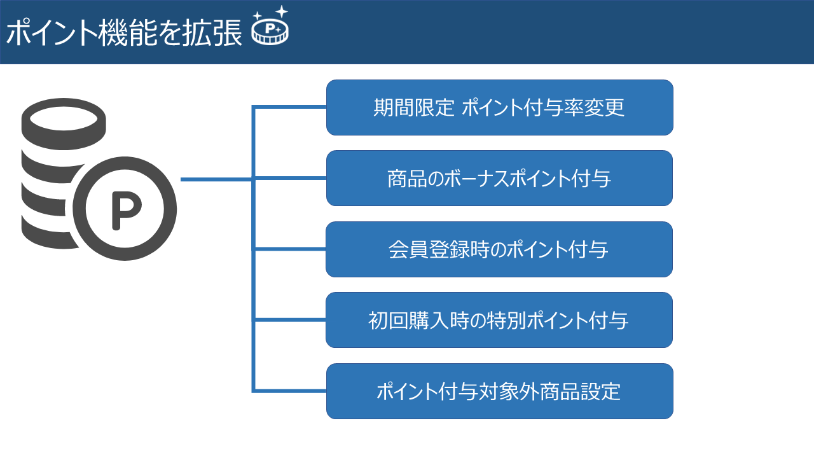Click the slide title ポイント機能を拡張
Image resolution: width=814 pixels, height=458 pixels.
(124, 34)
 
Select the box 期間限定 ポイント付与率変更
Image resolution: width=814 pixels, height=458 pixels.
(499, 108)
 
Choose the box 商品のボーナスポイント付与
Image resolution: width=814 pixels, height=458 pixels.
(499, 178)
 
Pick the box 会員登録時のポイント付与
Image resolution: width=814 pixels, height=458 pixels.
(499, 249)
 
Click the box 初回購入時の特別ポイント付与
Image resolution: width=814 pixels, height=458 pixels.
(499, 320)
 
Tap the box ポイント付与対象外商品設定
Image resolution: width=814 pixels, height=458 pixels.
(499, 391)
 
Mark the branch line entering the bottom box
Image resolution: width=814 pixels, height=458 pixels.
(290, 390)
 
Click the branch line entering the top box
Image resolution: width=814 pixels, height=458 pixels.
(290, 107)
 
